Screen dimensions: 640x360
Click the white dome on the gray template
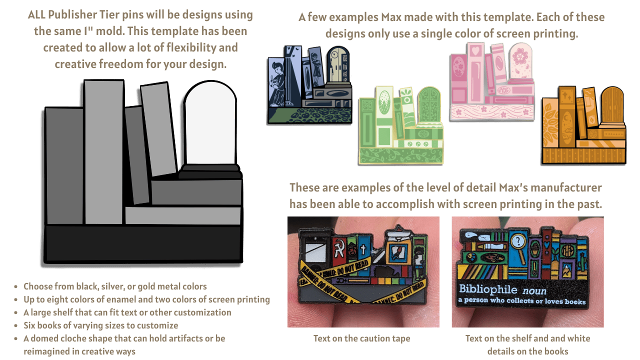[210, 123]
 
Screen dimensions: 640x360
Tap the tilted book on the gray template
[158, 129]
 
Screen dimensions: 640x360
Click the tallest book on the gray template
[104, 152]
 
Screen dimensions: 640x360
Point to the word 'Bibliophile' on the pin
[488, 289]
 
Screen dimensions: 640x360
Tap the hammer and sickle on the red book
[339, 248]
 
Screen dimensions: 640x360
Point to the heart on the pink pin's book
[475, 51]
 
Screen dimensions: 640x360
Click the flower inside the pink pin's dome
[520, 56]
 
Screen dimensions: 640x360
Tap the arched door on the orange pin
[612, 105]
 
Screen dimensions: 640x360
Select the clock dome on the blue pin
[338, 64]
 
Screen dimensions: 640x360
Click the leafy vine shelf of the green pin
[400, 156]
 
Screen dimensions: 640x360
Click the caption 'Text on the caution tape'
[361, 338]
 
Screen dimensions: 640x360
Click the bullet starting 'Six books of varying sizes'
[100, 325]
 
